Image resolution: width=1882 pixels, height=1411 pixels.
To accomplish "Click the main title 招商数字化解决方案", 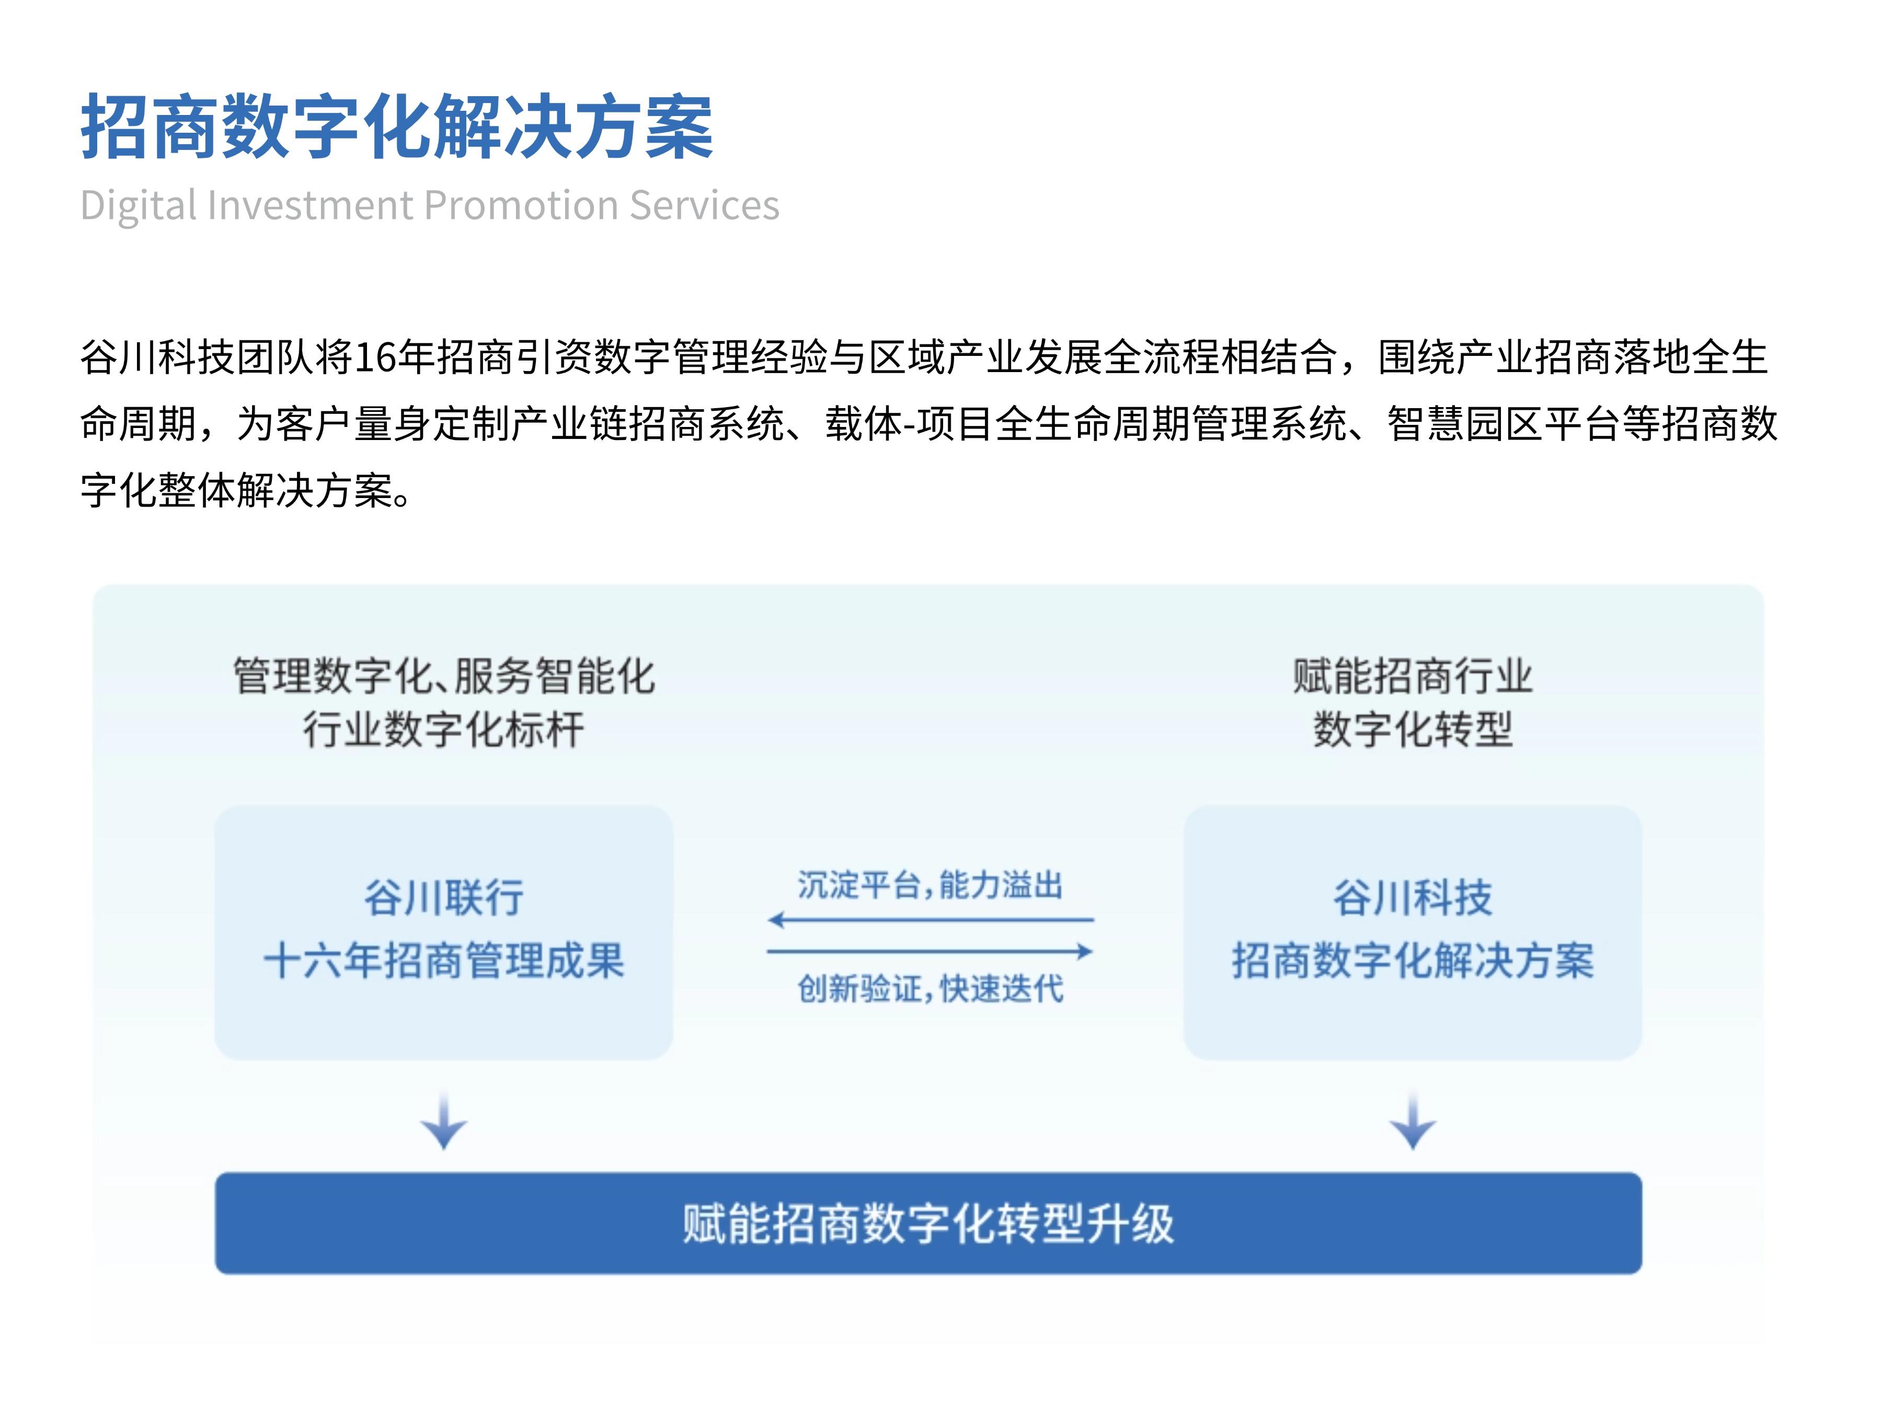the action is (396, 128).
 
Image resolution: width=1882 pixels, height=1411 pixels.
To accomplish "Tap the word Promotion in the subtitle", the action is (522, 205).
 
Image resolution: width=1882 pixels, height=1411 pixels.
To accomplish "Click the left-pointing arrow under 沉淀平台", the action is (930, 919).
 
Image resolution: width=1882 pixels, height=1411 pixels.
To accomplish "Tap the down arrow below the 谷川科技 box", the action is (1413, 1121).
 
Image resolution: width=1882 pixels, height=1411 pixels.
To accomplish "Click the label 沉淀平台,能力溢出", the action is (930, 885).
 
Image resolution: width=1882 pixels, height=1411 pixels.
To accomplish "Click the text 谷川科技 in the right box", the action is (1413, 898).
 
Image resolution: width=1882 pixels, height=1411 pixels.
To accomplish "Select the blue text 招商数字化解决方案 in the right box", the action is (1413, 961).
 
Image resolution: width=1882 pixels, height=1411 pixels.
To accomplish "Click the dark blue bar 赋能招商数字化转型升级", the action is (928, 1223).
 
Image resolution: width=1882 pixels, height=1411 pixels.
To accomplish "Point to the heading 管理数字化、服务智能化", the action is (444, 676).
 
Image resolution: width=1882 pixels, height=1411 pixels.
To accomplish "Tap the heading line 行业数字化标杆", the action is (444, 730).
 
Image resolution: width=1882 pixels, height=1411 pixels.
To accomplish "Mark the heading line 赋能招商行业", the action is (1413, 676).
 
